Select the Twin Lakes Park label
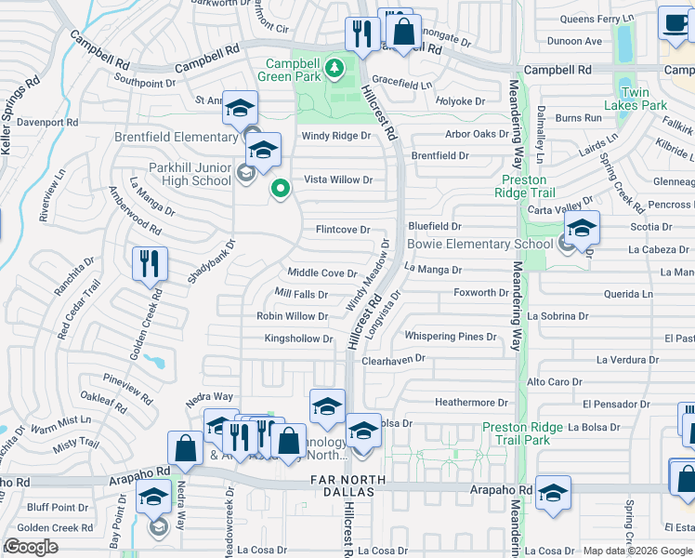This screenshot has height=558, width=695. [x=641, y=100]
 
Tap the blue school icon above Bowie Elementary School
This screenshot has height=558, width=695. [x=582, y=226]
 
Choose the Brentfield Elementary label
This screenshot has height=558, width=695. [x=176, y=137]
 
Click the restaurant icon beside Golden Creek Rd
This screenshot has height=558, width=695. [x=149, y=263]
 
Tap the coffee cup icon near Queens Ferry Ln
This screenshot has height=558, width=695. [x=674, y=23]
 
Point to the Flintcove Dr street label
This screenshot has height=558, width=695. [x=343, y=230]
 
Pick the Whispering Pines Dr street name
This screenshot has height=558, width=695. [x=450, y=337]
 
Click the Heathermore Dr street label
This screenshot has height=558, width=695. [x=471, y=403]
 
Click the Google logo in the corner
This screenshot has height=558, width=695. [x=31, y=547]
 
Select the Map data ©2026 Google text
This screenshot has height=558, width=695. [x=637, y=551]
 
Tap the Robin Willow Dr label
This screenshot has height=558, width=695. [x=292, y=316]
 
